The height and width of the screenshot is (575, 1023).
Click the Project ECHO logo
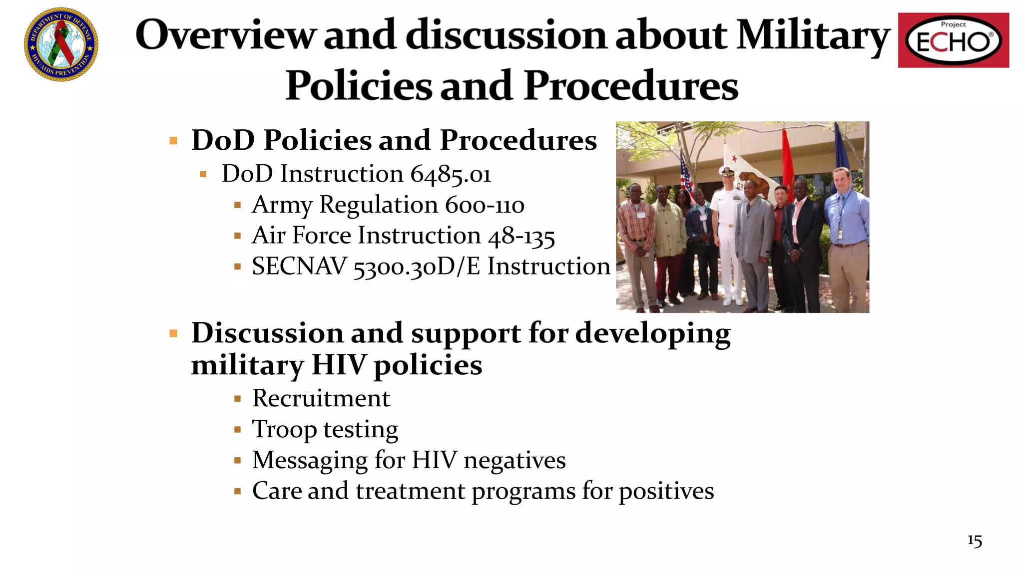point(953,40)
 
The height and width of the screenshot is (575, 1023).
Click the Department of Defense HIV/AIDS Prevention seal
point(61,44)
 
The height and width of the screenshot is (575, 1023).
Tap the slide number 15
point(975,541)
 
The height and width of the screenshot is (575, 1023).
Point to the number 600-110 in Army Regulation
point(485,205)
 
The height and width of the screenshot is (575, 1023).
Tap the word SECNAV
point(299,267)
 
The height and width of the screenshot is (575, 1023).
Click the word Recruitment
point(321,399)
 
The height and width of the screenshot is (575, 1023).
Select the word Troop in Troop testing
point(284,430)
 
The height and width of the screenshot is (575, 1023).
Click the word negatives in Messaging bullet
point(514,460)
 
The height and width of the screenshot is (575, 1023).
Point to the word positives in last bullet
point(666,491)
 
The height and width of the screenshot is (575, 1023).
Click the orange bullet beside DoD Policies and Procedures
point(173,141)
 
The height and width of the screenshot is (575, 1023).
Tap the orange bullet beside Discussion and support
point(173,333)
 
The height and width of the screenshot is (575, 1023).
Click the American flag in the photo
point(687,177)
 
